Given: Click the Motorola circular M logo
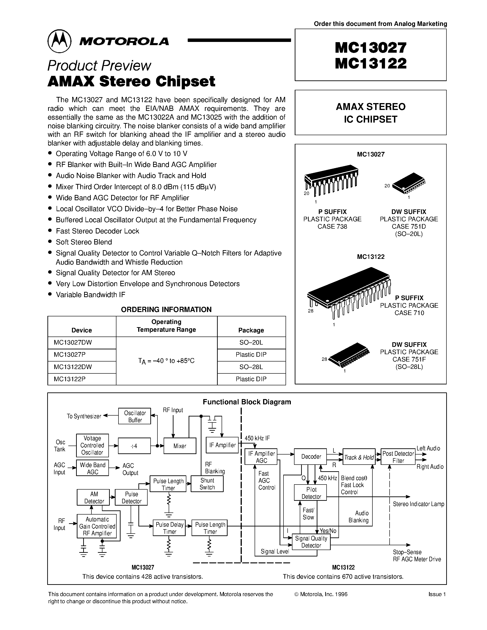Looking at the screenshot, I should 59,41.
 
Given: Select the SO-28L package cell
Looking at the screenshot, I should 251,367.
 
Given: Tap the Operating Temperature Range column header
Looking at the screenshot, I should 166,326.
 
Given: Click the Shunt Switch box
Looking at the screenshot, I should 207,484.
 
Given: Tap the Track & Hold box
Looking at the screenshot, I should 359,457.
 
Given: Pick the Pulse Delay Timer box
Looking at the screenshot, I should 169,528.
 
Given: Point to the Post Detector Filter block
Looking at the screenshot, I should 398,457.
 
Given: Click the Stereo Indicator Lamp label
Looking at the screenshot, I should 418,504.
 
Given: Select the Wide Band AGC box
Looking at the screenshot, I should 93,468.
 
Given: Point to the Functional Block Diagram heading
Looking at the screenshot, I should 247,402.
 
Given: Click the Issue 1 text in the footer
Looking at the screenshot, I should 437,594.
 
